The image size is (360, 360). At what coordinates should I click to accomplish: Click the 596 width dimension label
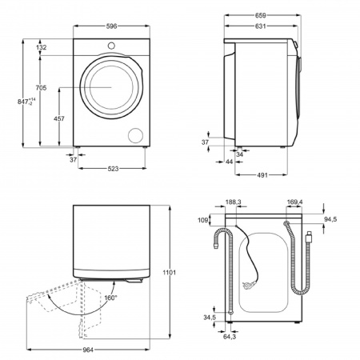pyautogui.click(x=110, y=26)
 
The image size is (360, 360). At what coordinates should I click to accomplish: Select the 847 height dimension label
pyautogui.click(x=30, y=102)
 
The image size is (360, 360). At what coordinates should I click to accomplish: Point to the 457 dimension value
pyautogui.click(x=59, y=118)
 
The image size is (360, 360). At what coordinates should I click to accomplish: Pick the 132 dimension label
pyautogui.click(x=42, y=48)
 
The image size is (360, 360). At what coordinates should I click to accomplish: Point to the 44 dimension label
pyautogui.click(x=230, y=162)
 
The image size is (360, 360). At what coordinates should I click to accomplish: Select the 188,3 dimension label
pyautogui.click(x=234, y=203)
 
